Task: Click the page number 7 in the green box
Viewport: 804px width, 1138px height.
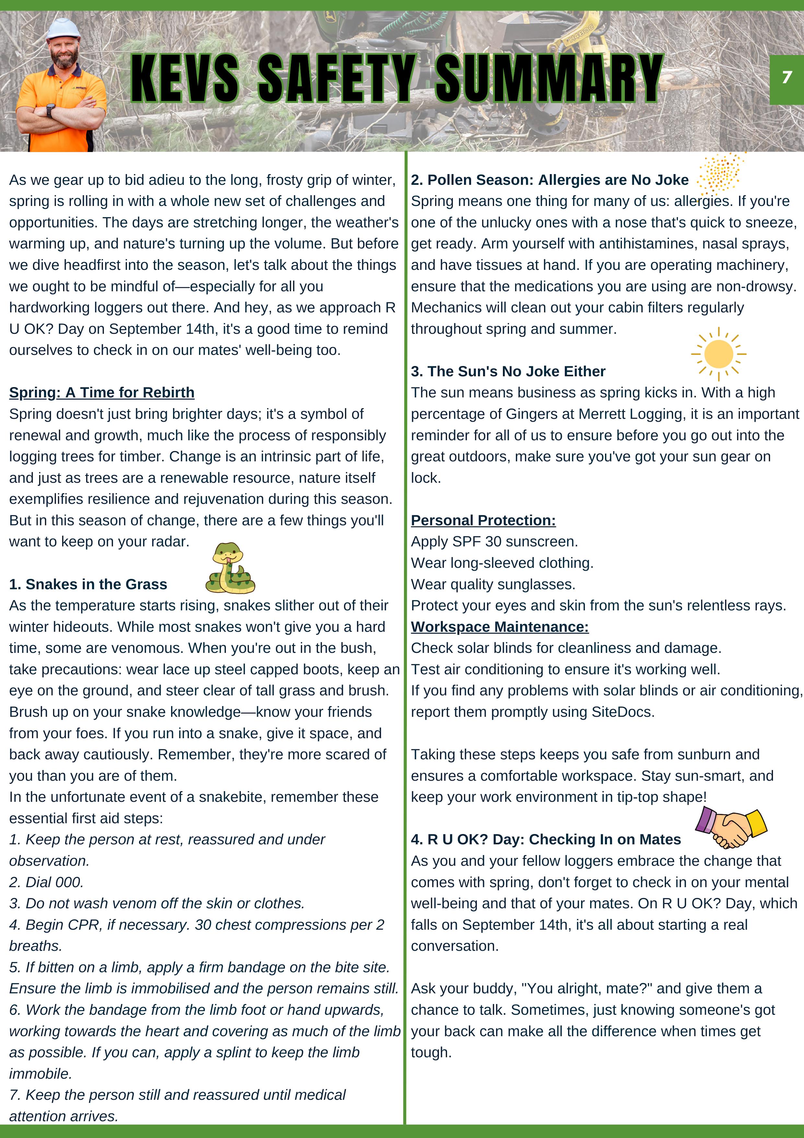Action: [786, 77]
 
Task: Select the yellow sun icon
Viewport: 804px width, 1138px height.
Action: [718, 354]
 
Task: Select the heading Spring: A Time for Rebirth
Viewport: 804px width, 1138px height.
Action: [101, 392]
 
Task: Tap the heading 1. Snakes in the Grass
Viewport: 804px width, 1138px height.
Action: [88, 584]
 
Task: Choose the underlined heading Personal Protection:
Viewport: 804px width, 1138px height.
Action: [483, 521]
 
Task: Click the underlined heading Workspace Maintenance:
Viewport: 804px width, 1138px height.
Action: [499, 627]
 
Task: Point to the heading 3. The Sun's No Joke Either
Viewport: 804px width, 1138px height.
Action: [508, 371]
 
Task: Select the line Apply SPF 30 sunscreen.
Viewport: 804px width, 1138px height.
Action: [494, 542]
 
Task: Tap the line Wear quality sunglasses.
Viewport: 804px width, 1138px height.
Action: [493, 584]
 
